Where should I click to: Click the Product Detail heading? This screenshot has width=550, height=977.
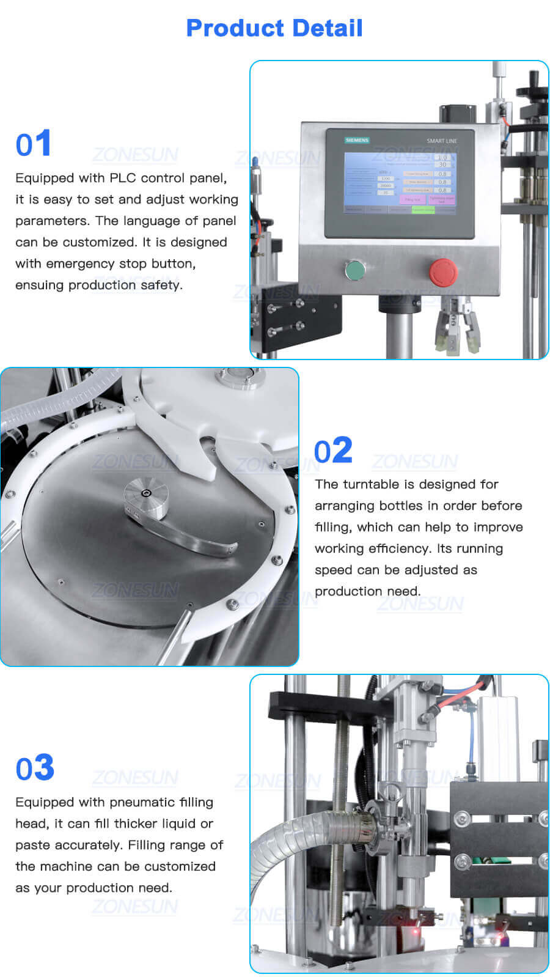(x=274, y=28)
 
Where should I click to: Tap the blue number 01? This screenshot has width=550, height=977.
(x=34, y=144)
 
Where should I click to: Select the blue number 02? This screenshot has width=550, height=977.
(x=333, y=451)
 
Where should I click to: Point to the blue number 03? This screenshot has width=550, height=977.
(x=35, y=768)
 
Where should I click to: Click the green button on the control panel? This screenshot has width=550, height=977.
(x=354, y=270)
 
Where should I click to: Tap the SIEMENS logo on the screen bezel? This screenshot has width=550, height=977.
(x=357, y=140)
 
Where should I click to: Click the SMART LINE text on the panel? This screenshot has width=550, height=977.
(x=441, y=141)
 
